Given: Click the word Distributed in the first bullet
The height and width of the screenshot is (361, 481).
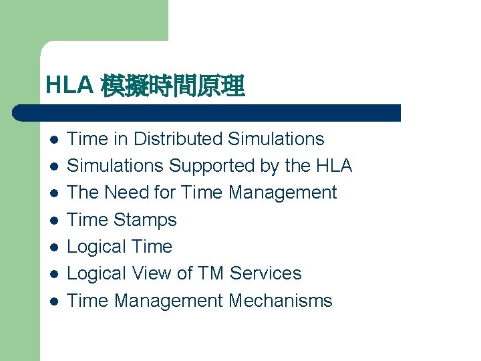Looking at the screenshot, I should point(178,139).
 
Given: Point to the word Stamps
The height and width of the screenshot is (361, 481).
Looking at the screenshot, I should point(146,220).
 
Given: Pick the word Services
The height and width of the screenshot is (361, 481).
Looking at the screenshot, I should point(265,273).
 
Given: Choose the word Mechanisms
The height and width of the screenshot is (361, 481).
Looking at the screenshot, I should point(280,301).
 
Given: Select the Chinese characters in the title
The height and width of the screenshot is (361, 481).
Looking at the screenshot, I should point(173,86).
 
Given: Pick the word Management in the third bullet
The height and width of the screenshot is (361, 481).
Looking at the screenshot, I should point(283,193).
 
